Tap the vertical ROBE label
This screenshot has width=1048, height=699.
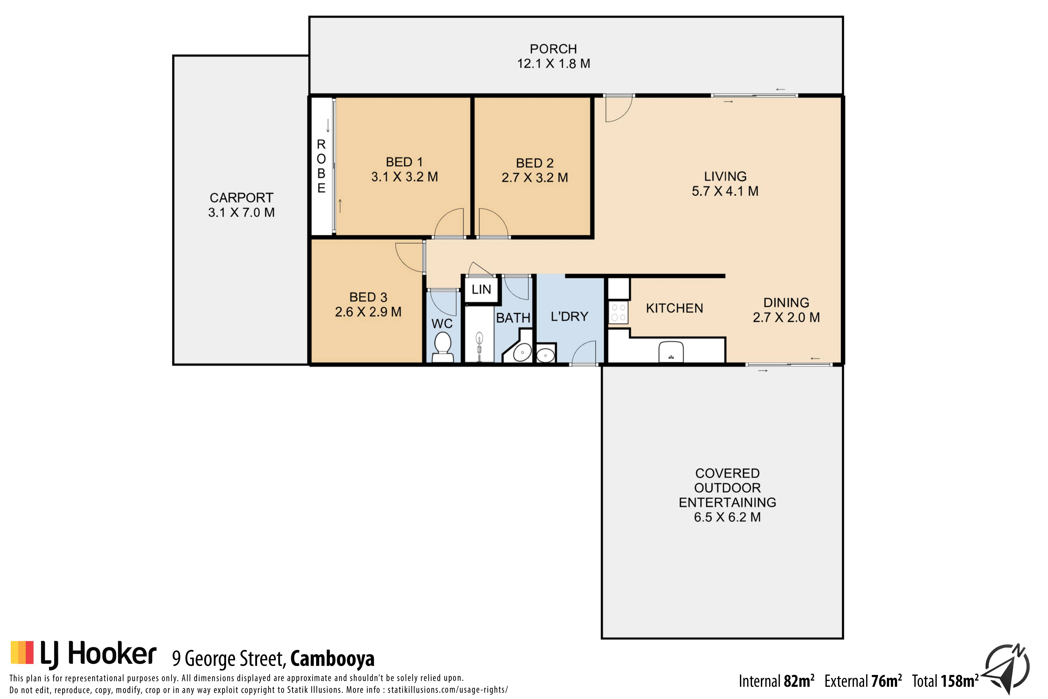tap(321, 166)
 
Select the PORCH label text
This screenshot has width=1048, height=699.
tap(553, 49)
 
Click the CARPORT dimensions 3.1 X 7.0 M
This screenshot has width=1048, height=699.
tap(241, 212)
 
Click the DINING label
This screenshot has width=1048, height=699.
tap(786, 303)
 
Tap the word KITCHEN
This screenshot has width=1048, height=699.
tap(675, 308)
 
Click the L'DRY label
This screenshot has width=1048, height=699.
tap(569, 317)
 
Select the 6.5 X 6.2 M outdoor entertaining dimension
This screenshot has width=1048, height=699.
tap(727, 517)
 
